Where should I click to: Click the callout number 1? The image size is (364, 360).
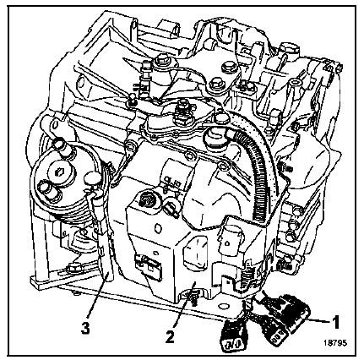(x=335, y=321)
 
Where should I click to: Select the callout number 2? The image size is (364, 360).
(x=170, y=336)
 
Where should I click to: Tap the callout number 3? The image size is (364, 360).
(x=86, y=328)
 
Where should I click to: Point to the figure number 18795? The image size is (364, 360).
(x=335, y=342)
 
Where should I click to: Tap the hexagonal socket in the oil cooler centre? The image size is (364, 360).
(x=61, y=171)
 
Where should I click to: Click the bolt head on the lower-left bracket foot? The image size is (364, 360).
(x=73, y=268)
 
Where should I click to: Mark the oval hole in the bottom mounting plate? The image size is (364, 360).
(x=224, y=306)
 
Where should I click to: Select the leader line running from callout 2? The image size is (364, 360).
(x=183, y=304)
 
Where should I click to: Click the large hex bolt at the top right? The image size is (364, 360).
(x=289, y=49)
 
